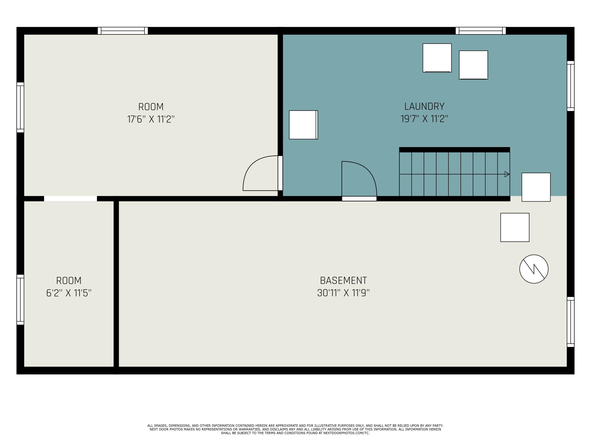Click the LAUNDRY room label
424,107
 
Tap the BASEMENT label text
343,280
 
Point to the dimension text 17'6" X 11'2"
151,119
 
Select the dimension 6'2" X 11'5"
69,293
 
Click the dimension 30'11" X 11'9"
343,293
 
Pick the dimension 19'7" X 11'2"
424,119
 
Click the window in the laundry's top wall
481,31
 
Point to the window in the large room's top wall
123,31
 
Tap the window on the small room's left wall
20,300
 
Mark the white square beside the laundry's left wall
304,125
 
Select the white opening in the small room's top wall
71,199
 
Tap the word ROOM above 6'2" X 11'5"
69,281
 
